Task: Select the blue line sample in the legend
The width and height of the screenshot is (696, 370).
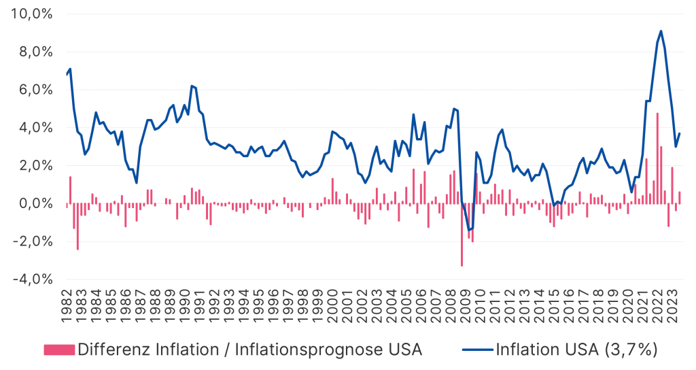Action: coord(477,350)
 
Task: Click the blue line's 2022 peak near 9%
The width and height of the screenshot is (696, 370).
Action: coord(661,31)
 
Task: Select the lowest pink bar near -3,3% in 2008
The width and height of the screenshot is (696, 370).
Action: coord(462,234)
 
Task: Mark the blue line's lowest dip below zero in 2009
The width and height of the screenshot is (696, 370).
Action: coord(468,230)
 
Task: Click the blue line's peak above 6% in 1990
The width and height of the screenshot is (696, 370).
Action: coord(192,86)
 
